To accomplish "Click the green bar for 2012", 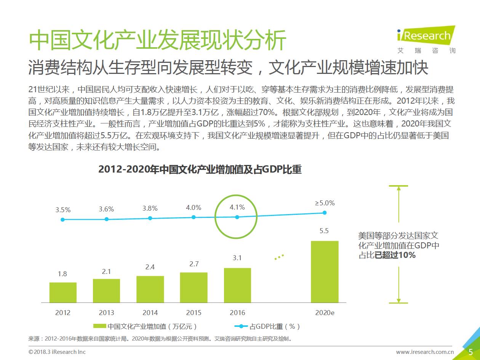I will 63,292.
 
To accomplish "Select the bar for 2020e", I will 325,272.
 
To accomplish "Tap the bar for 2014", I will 150,289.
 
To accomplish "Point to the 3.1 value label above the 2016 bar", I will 237,258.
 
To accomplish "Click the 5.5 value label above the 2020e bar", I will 324,231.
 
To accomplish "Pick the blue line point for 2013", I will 107,219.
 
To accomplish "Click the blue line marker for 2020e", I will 325,213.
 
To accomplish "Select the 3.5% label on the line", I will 63,210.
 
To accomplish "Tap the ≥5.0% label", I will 325,203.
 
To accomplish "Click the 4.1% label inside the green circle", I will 237,208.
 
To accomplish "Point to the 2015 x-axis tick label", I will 194,313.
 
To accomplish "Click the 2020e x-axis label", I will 325,313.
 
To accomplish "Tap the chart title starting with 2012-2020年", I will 200,170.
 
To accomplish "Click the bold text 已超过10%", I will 395,255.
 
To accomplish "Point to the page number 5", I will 471,352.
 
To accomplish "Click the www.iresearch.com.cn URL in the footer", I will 425,352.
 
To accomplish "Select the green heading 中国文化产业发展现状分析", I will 157,40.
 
